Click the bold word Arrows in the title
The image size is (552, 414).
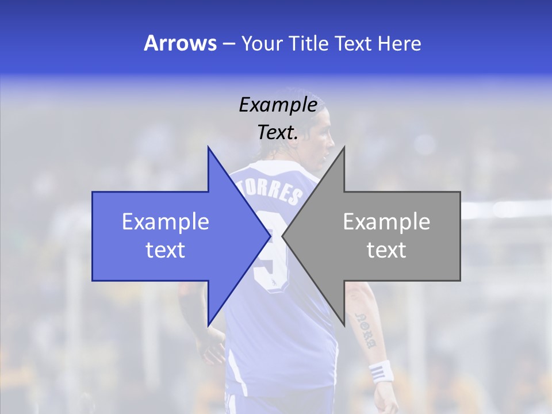180,43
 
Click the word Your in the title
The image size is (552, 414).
262,43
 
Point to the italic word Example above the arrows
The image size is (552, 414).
278,105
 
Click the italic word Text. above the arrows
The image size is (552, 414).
278,132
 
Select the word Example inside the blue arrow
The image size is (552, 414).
166,221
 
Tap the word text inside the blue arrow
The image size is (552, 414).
166,250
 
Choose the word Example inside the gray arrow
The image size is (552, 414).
386,221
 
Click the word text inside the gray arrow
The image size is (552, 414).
386,250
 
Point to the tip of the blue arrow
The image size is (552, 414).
270,236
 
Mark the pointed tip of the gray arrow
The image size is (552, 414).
283,236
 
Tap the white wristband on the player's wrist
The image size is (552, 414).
381,371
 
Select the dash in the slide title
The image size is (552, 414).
228,44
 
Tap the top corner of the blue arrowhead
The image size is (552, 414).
208,147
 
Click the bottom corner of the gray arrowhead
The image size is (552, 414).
344,325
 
